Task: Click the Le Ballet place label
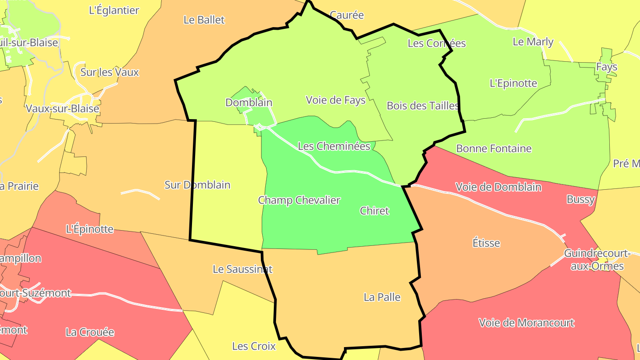pos(204,20)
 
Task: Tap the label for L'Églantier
pos(114,10)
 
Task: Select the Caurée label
pos(347,15)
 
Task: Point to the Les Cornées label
pos(436,43)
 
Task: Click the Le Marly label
pos(533,42)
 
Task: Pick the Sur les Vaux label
pos(109,72)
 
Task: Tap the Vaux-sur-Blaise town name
pos(62,108)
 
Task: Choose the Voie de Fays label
pos(336,100)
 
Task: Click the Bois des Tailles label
pos(422,106)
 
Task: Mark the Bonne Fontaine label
pos(494,148)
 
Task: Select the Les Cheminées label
pos(334,146)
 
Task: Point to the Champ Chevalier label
pos(299,200)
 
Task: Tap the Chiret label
pos(374,211)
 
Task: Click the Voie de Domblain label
pos(498,187)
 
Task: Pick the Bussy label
pos(580,200)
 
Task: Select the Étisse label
pos(486,243)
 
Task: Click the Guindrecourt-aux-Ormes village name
pos(597,260)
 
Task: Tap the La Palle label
pos(382,297)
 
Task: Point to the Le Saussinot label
pos(242,269)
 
